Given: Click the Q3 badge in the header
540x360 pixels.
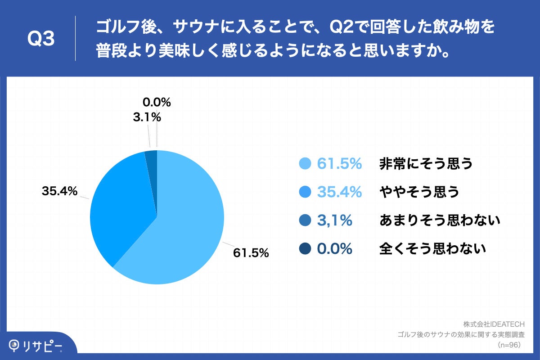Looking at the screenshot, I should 41,39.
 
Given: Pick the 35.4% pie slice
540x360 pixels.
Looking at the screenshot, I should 121,207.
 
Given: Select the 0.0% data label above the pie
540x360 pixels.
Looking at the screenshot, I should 156,103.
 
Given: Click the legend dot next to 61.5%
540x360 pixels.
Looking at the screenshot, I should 306,164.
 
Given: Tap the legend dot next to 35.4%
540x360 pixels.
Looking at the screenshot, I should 306,192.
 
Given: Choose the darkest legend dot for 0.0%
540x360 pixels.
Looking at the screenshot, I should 306,248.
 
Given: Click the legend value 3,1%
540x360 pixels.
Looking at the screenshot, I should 334,220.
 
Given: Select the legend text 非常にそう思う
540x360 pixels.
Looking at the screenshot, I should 426,164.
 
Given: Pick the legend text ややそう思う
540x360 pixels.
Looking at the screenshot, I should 419,192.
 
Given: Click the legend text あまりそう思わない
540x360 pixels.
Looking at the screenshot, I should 440,220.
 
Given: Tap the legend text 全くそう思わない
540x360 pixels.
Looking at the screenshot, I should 433,248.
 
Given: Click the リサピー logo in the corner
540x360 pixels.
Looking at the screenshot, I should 36,346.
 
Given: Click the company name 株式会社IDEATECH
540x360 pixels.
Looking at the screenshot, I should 494,324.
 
